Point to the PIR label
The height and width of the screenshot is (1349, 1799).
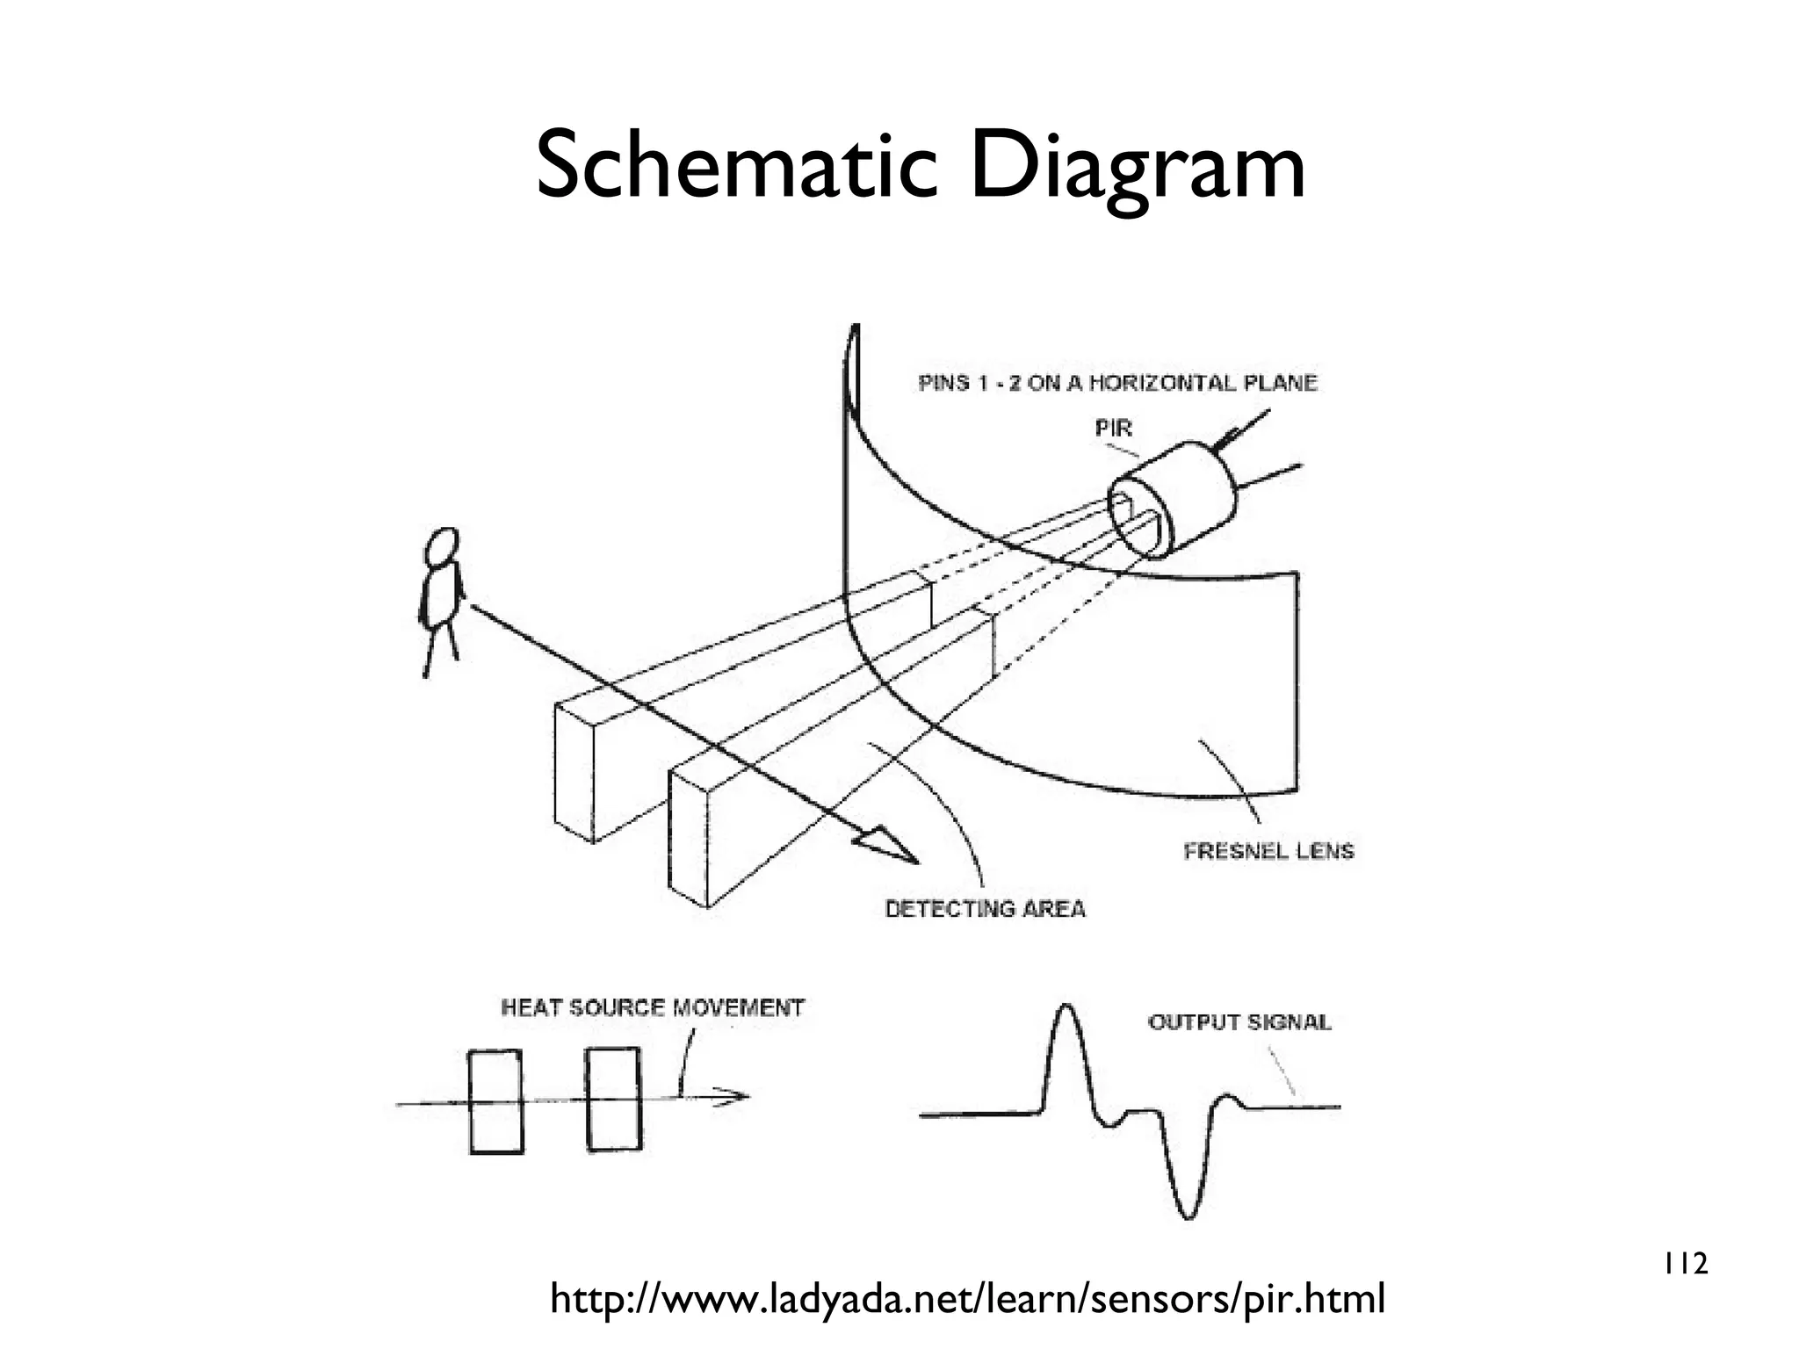click(1113, 429)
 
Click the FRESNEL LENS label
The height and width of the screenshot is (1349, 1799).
click(1268, 851)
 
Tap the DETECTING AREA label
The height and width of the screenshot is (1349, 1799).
click(985, 909)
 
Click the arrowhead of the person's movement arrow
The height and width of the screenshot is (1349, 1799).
click(887, 848)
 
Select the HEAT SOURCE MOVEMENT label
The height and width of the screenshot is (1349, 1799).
click(653, 1007)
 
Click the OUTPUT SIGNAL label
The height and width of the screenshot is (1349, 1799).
click(1239, 1022)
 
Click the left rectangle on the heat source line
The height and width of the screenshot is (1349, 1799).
click(496, 1101)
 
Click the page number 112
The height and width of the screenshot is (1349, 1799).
click(1684, 1265)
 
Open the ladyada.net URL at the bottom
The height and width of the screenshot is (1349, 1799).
click(967, 1299)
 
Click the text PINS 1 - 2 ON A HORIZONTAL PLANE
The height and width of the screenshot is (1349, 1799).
click(1117, 383)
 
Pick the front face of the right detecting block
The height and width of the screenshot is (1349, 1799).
click(688, 840)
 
